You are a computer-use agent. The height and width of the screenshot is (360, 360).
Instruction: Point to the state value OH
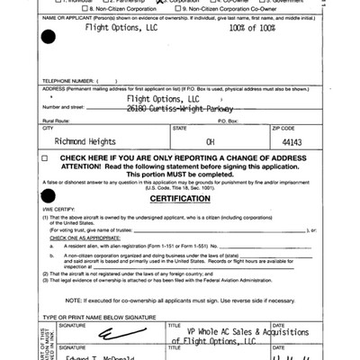point(210,141)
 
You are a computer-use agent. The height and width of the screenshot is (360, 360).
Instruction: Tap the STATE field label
point(179,128)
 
